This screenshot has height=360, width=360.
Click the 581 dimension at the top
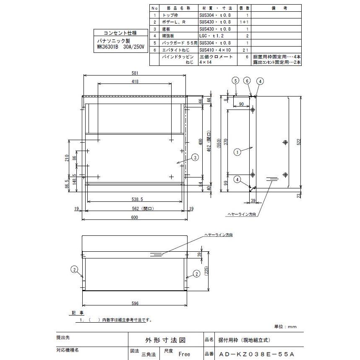[x=135, y=73]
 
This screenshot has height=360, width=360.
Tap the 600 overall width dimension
[x=134, y=217]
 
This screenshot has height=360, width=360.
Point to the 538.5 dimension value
[x=134, y=200]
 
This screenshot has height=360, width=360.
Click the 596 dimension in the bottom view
[x=134, y=303]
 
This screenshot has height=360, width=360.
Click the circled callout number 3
[x=195, y=157]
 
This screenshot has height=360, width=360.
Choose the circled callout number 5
[x=236, y=80]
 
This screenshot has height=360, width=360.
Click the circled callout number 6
[x=248, y=80]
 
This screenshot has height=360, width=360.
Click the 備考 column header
[x=277, y=8]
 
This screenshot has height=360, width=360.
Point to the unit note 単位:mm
[x=286, y=326]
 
